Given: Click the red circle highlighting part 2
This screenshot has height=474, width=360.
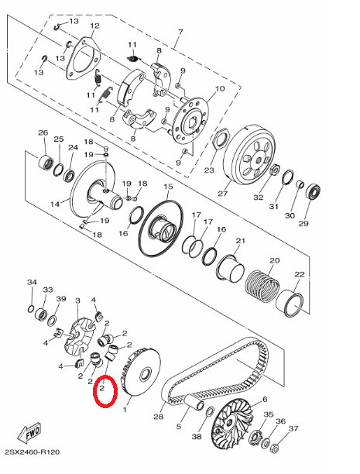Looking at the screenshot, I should (x=105, y=390).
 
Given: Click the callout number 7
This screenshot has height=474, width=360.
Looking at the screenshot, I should (x=180, y=33).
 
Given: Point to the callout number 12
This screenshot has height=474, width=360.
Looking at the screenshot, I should (x=94, y=26).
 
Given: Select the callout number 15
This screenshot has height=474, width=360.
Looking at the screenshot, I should (x=166, y=188).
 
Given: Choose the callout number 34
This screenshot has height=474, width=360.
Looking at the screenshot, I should (x=32, y=282).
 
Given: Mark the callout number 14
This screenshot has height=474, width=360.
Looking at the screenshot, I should (x=55, y=204).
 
